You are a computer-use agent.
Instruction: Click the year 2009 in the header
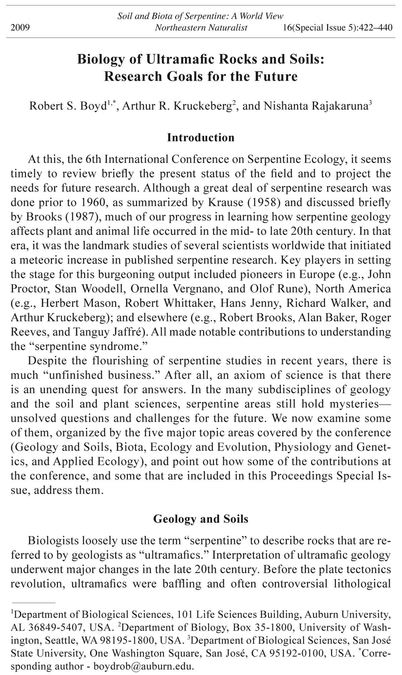(20, 27)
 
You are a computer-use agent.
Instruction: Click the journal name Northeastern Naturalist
(201, 27)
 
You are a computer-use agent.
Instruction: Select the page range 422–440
(375, 27)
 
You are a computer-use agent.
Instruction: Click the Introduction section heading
(201, 137)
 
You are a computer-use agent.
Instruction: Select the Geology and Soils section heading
(201, 519)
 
